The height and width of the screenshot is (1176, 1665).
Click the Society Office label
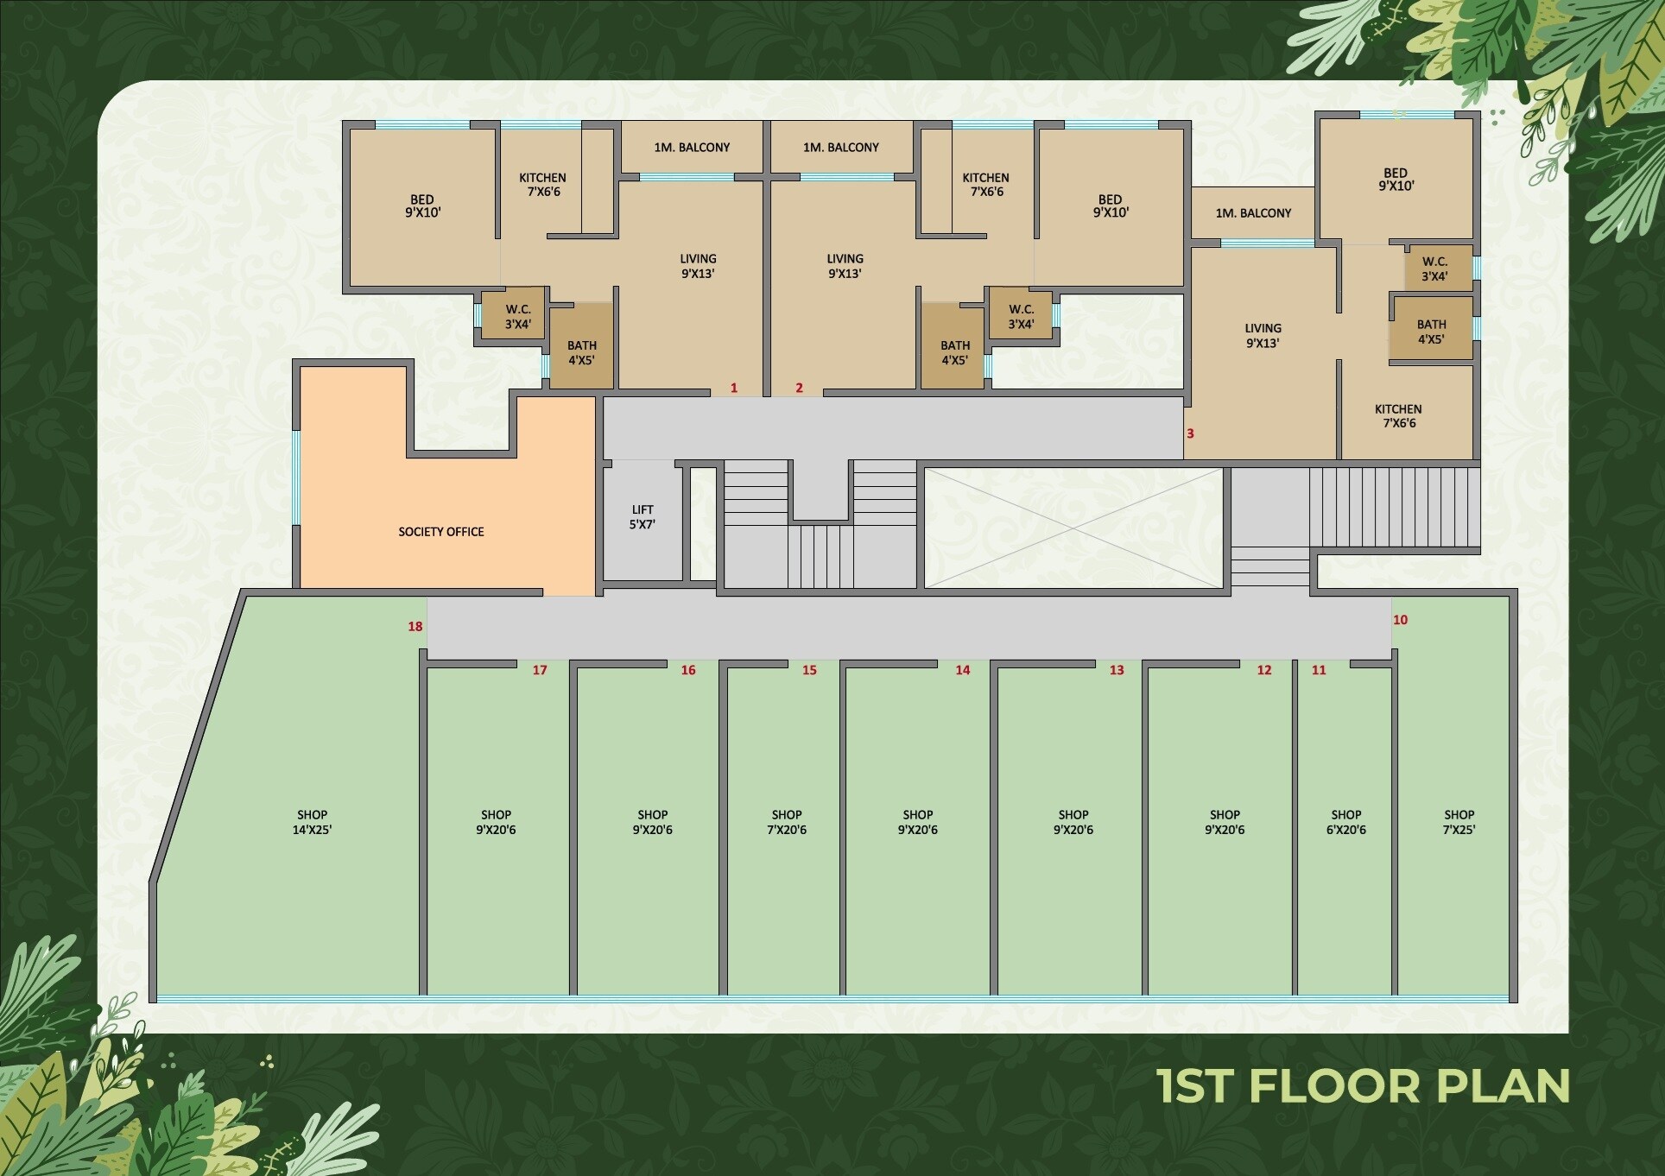[441, 532]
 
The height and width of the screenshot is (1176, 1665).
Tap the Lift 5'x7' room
[643, 521]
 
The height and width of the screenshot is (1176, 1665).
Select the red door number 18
[415, 627]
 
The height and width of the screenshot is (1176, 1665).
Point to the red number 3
[1190, 433]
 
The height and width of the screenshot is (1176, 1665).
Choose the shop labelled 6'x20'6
[1345, 829]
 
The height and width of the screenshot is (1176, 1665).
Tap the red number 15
[809, 670]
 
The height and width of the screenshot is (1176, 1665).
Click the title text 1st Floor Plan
[1364, 1086]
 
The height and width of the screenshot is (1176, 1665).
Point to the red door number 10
[1400, 620]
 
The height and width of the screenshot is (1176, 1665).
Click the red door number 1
[734, 388]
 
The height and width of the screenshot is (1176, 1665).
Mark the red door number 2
[799, 388]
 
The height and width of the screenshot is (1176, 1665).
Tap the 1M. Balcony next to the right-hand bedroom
[1253, 212]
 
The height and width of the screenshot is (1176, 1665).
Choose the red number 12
[1264, 670]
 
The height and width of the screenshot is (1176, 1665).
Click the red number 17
[540, 670]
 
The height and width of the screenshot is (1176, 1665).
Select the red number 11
[1319, 670]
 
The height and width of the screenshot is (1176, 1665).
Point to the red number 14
[963, 670]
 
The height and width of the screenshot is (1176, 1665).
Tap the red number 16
[688, 670]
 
